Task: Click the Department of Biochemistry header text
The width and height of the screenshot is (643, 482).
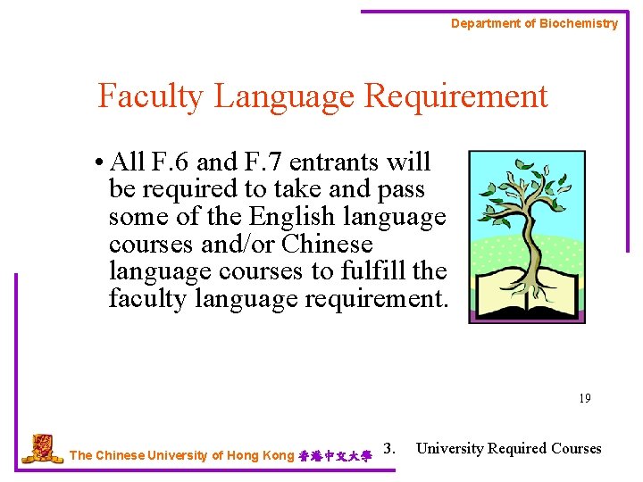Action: point(534,23)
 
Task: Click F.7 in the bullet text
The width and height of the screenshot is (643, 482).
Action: point(263,162)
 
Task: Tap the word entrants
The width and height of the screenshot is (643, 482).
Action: point(334,162)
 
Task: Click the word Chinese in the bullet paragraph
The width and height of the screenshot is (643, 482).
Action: point(327,244)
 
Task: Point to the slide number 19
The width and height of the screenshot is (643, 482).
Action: point(584,398)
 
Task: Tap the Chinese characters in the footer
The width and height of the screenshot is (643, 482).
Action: point(334,455)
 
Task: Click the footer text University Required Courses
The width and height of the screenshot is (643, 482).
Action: point(509,448)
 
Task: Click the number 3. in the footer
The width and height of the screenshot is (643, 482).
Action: point(388,448)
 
